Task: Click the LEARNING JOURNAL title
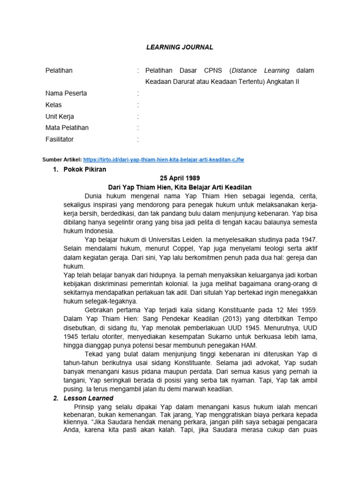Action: coord(180,47)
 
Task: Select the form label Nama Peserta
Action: coord(66,93)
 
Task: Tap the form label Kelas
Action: coord(53,105)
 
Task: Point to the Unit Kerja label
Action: coord(60,116)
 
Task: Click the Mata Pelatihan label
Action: coord(67,128)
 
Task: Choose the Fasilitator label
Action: coord(60,139)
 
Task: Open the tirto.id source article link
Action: coord(164,160)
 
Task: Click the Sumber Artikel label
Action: coord(62,160)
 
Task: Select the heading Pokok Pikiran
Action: coord(85,169)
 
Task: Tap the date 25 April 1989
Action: coord(180,178)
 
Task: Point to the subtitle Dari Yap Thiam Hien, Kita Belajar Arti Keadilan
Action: coord(180,187)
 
